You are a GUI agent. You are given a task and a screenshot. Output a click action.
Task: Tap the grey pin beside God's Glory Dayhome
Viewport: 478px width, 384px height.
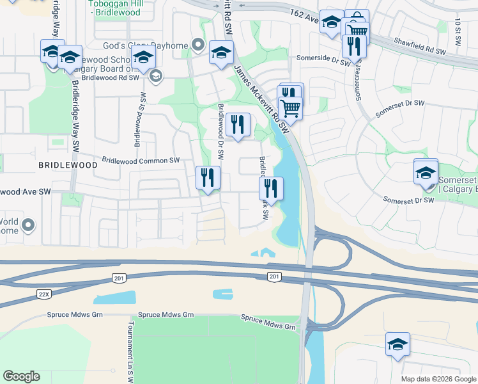(198, 45)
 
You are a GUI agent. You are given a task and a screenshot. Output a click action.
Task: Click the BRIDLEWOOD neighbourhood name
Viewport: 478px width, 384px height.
(68, 165)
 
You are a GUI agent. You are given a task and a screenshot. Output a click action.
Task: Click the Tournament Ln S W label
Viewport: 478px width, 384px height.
(130, 351)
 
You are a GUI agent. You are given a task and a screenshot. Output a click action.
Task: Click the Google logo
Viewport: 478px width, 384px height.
(21, 376)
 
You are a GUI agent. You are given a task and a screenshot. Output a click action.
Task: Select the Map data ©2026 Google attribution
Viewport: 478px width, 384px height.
(438, 379)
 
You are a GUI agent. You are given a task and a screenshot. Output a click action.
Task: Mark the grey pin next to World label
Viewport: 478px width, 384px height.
(27, 225)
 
